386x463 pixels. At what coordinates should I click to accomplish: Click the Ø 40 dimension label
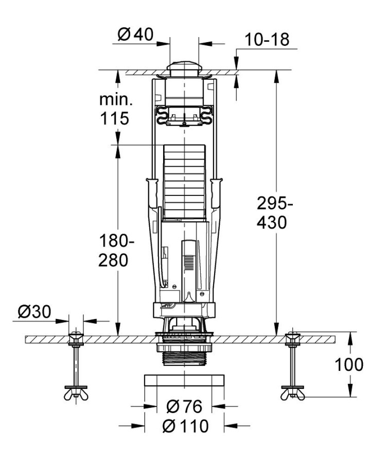pyautogui.click(x=135, y=35)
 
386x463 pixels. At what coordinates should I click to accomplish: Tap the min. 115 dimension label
pyautogui.click(x=114, y=109)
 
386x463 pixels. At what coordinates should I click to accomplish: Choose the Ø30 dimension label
pyautogui.click(x=36, y=312)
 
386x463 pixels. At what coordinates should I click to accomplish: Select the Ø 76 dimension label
pyautogui.click(x=184, y=406)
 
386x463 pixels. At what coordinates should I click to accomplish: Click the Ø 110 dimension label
pyautogui.click(x=185, y=426)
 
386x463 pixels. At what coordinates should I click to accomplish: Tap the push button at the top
pyautogui.click(x=184, y=67)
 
